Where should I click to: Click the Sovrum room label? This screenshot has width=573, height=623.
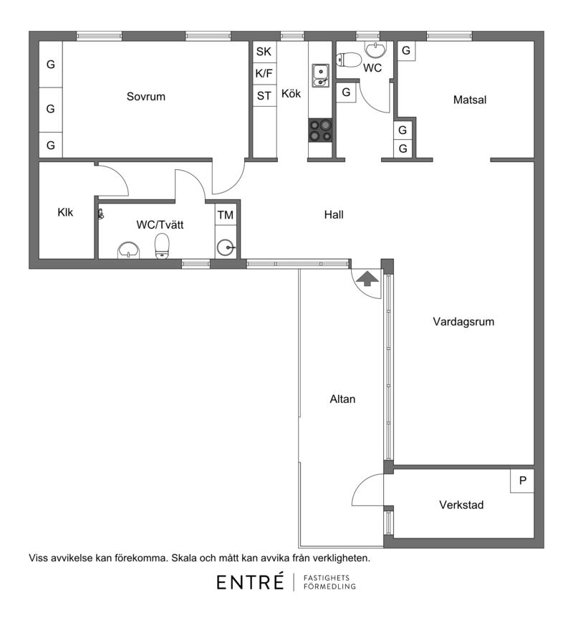tap(145, 97)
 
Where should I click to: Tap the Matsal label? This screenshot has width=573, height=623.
tap(470, 100)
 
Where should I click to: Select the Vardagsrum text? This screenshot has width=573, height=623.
tap(463, 321)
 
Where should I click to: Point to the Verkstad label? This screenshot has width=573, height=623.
tap(461, 505)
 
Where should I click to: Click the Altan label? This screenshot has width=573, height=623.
tap(342, 399)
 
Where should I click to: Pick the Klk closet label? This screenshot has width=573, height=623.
tap(65, 212)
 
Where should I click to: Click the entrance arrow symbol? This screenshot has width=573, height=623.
tap(367, 278)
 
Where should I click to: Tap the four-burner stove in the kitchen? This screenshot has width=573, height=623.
tap(320, 130)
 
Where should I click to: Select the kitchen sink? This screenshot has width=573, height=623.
tap(320, 75)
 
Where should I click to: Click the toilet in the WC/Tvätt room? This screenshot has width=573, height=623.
tap(162, 246)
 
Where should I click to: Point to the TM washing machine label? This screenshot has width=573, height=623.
tap(225, 215)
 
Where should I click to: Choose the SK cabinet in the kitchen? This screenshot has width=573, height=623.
tap(264, 52)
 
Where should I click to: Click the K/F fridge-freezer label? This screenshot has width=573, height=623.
tap(264, 74)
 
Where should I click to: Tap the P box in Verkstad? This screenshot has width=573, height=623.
tap(522, 481)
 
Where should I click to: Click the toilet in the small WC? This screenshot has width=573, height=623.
tap(349, 60)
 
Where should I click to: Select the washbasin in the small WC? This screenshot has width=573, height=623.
tap(375, 50)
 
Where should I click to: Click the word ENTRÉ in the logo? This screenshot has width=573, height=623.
tap(250, 582)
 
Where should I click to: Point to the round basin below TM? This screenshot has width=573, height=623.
tap(226, 247)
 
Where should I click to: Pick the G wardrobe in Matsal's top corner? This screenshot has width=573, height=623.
tap(406, 51)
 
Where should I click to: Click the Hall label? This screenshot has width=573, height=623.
tap(334, 215)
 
